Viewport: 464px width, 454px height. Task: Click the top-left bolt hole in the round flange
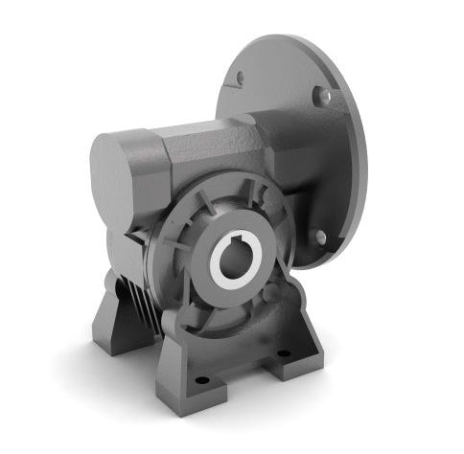coord(240,78)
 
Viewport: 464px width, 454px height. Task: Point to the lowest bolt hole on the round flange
coord(320,236)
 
